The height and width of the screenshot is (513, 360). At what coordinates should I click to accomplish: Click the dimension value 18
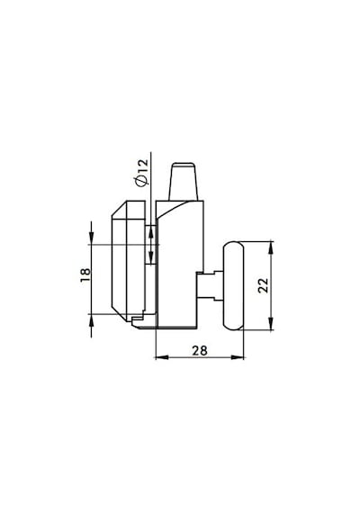pyautogui.click(x=85, y=275)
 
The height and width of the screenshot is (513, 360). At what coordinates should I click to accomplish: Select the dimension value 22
pyautogui.click(x=264, y=285)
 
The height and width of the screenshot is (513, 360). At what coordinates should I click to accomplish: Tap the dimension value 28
pyautogui.click(x=200, y=351)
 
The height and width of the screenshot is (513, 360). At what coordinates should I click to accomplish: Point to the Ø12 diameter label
pyautogui.click(x=142, y=173)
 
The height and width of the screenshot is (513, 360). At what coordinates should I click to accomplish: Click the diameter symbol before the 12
pyautogui.click(x=142, y=182)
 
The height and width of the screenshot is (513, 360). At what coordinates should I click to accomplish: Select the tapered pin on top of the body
pyautogui.click(x=183, y=181)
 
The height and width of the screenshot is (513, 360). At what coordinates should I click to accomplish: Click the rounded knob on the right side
pyautogui.click(x=234, y=285)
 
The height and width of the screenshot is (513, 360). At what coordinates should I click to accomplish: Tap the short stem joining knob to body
pyautogui.click(x=210, y=285)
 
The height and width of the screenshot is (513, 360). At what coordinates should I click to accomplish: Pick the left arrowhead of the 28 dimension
pyautogui.click(x=161, y=357)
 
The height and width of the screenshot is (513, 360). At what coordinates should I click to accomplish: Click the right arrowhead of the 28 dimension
pyautogui.click(x=238, y=357)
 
